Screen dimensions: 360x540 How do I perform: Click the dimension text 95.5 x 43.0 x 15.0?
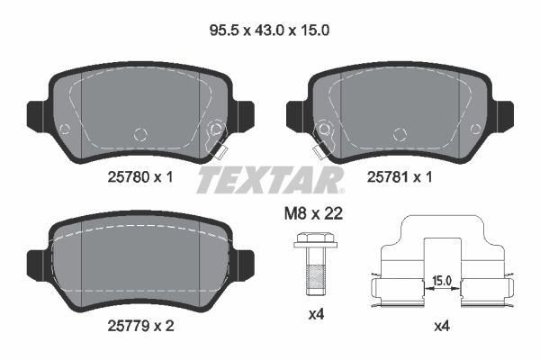coord(269,30)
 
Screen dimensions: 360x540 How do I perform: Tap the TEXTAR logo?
coord(269,179)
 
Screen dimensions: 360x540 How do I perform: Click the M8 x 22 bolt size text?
coord(310,213)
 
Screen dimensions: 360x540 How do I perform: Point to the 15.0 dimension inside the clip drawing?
coord(440,281)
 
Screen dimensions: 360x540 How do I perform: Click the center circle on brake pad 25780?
coord(139,135)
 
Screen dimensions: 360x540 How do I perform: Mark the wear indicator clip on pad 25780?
coord(217,138)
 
